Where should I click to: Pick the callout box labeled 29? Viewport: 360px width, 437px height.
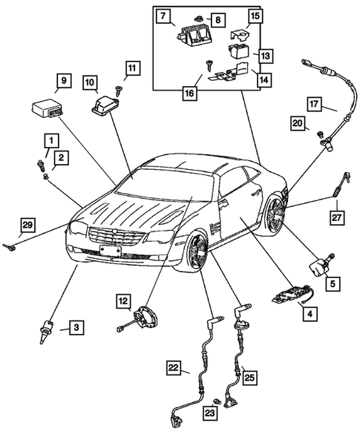[27, 225]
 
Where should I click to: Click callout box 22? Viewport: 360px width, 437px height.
[172, 367]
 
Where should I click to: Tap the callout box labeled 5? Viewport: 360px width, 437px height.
[333, 282]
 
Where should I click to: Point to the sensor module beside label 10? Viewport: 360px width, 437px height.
[105, 104]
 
